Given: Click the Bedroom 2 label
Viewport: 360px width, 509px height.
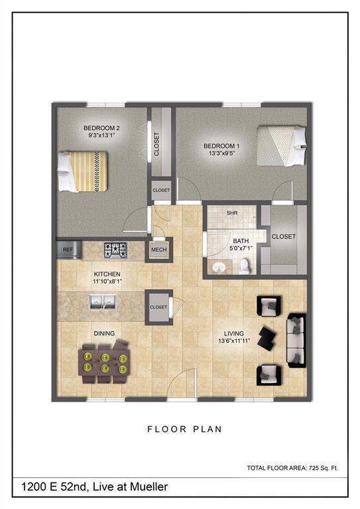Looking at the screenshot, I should pyautogui.click(x=101, y=127).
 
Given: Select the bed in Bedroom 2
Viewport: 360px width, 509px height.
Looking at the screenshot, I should pyautogui.click(x=81, y=171).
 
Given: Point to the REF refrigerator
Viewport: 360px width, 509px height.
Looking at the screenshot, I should pyautogui.click(x=68, y=249).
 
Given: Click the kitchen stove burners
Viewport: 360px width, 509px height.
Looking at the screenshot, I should pyautogui.click(x=115, y=250).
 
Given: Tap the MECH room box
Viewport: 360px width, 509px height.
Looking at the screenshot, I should pyautogui.click(x=158, y=249).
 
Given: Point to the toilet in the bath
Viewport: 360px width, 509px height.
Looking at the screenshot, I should pyautogui.click(x=244, y=266).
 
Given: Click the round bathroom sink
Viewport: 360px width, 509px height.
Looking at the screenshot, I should pyautogui.click(x=219, y=267).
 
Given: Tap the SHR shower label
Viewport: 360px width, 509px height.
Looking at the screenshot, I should pyautogui.click(x=231, y=213).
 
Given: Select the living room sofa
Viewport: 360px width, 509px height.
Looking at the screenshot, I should pyautogui.click(x=296, y=340).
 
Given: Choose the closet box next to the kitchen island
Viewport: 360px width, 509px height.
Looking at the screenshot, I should pyautogui.click(x=158, y=308).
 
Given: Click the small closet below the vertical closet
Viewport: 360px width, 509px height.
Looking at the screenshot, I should pyautogui.click(x=161, y=190).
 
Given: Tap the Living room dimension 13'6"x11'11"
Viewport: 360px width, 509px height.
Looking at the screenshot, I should pyautogui.click(x=233, y=343).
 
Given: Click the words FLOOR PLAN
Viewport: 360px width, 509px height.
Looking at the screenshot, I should pyautogui.click(x=184, y=429).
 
